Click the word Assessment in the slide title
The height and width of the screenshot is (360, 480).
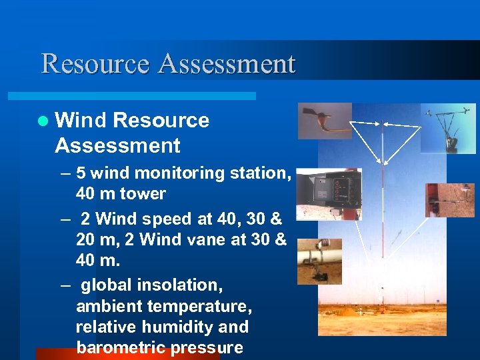227,64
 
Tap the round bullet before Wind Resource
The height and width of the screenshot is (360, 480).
43,121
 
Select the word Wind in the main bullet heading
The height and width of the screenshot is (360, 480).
81,120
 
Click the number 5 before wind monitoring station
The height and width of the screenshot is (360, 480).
81,173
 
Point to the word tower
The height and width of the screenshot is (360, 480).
141,194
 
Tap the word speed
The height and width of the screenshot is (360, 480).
157,219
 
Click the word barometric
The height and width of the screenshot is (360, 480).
121,348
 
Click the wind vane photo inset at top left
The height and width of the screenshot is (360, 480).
324,121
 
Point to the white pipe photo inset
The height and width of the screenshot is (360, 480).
319,261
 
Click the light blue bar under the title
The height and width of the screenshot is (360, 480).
147,96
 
